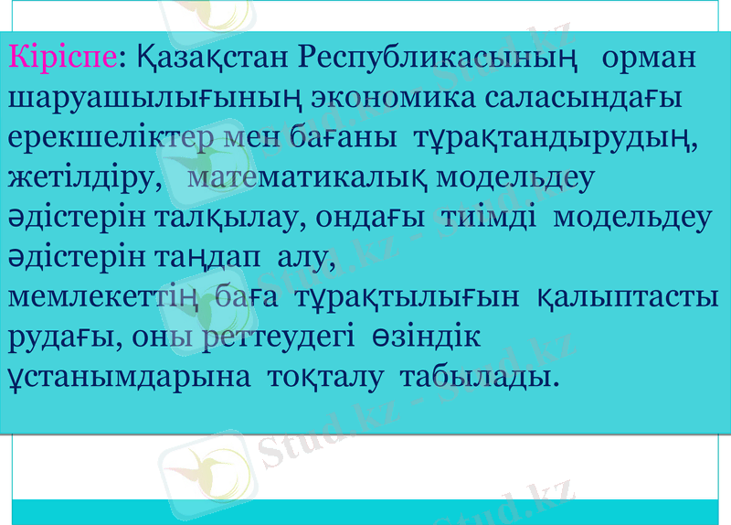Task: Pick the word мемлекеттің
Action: [103, 297]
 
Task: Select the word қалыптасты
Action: [626, 297]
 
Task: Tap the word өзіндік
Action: [426, 337]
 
